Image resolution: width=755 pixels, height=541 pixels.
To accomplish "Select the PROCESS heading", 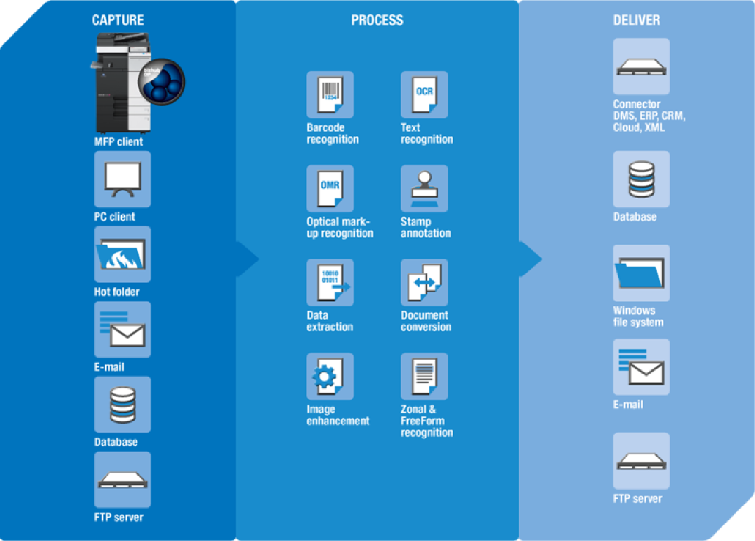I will click(377, 21).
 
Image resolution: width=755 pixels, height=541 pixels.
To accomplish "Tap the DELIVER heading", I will click(636, 21).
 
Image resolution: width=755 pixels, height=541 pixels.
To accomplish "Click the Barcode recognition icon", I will click(330, 94).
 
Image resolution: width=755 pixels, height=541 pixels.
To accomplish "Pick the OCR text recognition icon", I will click(424, 94).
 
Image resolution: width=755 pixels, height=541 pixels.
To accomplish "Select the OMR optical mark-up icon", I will click(330, 189).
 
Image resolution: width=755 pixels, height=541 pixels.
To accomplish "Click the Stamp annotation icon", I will click(424, 189).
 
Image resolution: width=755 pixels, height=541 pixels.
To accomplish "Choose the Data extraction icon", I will click(330, 282).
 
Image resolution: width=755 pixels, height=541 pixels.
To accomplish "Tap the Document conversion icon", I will click(424, 282).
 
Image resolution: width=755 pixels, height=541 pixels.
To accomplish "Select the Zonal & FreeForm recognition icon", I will click(424, 377).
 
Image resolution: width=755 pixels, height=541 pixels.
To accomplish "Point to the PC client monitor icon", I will click(122, 179).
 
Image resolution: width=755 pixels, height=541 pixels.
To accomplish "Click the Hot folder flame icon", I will click(122, 254).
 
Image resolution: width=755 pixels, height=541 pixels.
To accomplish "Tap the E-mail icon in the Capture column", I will click(122, 329).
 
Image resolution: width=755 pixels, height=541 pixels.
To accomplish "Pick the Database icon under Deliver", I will click(641, 179).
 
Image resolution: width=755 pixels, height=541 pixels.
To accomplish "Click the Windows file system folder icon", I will click(641, 273).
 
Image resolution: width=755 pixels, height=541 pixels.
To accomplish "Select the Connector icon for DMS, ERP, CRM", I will click(641, 67).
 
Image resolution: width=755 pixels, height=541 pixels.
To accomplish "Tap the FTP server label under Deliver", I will click(638, 499).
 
